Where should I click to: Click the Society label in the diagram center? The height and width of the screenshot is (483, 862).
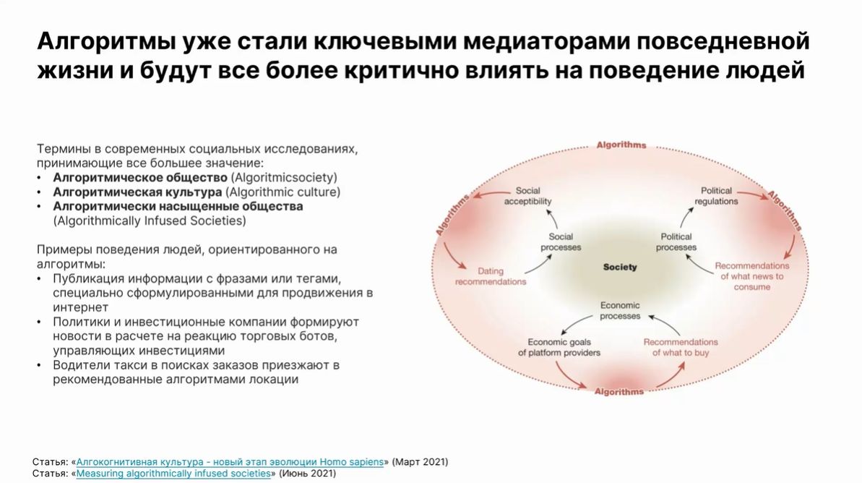[619, 267]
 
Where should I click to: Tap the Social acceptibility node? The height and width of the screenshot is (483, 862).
[527, 196]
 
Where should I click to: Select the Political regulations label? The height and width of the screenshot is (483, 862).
[716, 196]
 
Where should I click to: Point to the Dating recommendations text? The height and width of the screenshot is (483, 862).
[491, 276]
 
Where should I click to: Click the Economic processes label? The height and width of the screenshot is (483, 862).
[619, 310]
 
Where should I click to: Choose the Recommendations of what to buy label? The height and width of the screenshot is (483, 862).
[681, 347]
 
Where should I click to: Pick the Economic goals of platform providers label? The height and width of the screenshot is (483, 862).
[559, 347]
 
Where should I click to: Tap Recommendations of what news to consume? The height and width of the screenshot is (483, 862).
[751, 276]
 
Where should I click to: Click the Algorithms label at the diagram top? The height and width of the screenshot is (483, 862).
[621, 145]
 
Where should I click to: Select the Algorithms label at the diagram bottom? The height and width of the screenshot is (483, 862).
[619, 392]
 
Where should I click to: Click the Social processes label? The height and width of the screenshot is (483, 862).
[561, 242]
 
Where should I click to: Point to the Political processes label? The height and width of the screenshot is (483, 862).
[676, 242]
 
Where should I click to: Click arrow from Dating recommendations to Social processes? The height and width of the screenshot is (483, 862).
[539, 265]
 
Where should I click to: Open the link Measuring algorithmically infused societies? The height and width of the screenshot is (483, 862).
[173, 474]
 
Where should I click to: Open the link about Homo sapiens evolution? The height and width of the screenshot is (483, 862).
[230, 462]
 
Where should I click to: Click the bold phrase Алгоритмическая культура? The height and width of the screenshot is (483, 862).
[137, 192]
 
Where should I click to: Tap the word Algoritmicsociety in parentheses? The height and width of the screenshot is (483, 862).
[284, 178]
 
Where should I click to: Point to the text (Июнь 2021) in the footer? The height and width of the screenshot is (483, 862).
[307, 474]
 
